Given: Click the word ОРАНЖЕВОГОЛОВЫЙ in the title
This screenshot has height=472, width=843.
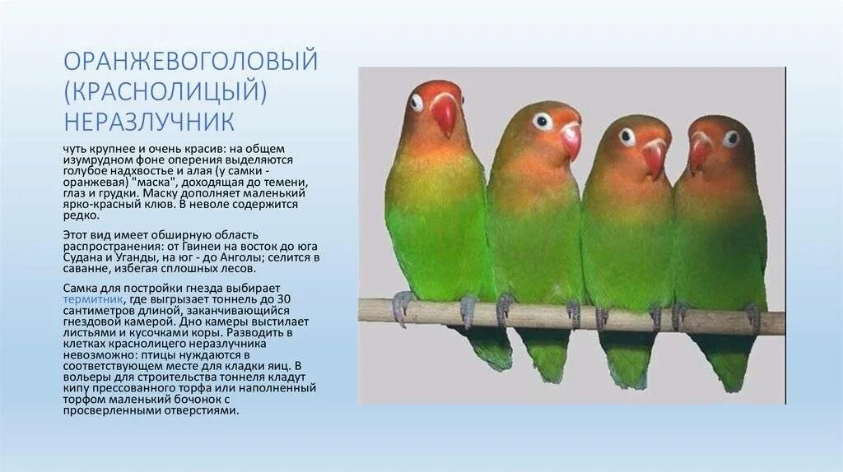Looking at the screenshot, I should pyautogui.click(x=190, y=62).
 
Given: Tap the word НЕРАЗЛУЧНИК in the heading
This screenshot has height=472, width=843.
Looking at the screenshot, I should pyautogui.click(x=149, y=122).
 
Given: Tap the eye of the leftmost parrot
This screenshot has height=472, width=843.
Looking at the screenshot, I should pyautogui.click(x=417, y=103).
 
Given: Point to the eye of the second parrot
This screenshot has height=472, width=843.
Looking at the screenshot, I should pyautogui.click(x=542, y=122).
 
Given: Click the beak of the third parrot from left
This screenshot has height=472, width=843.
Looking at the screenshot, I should pyautogui.click(x=654, y=156).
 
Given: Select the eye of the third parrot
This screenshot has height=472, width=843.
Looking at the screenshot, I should pyautogui.click(x=627, y=137).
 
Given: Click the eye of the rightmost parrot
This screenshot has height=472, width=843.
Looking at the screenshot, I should pyautogui.click(x=731, y=138).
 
